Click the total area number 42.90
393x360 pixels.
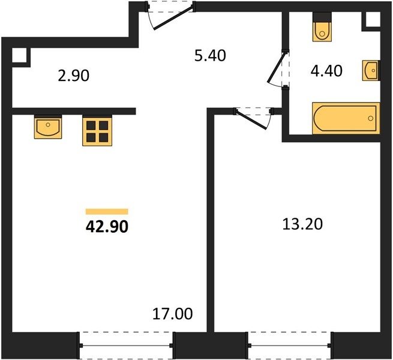coord(107,227)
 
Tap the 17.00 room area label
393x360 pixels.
coord(172,314)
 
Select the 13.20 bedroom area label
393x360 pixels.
coord(302,224)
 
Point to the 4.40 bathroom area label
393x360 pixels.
coord(326,71)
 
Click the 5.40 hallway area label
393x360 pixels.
coord(210,55)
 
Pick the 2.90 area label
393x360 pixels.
coord(73,76)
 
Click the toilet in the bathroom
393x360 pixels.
coord(322,27)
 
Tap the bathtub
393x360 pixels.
coord(346,118)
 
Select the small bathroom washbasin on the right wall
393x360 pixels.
coord(371,70)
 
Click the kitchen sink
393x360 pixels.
coord(48,127)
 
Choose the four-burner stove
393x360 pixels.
coord(97,131)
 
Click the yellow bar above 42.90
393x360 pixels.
coord(107,212)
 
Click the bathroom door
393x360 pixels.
coord(278,68)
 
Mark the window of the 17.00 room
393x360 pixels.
coord(126,346)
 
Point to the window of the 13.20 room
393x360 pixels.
coord(290,346)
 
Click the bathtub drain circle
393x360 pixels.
coord(371,118)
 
